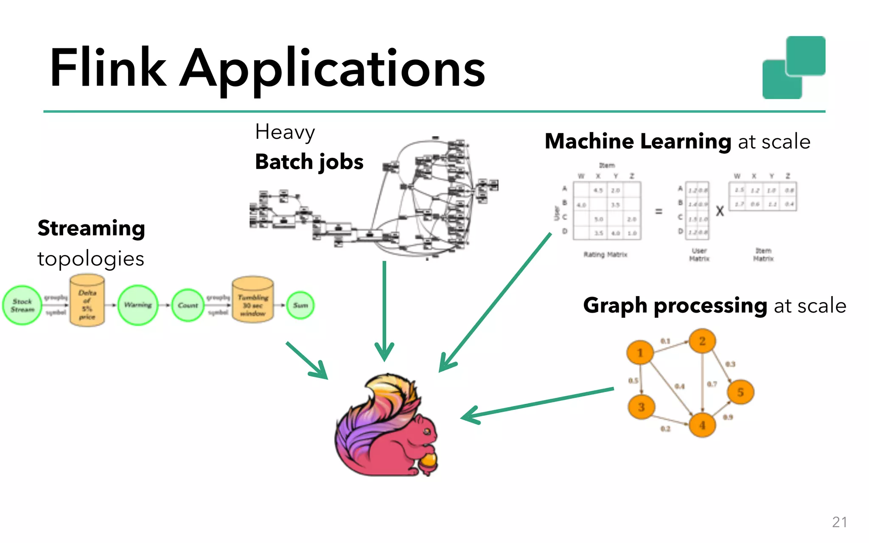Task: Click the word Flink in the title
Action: pyautogui.click(x=108, y=68)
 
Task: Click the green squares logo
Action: pyautogui.click(x=793, y=68)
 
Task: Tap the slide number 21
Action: pyautogui.click(x=839, y=522)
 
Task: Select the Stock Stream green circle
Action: pyautogui.click(x=22, y=305)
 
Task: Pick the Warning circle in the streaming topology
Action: pyautogui.click(x=138, y=305)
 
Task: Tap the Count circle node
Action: pyautogui.click(x=188, y=305)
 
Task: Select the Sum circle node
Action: pyautogui.click(x=300, y=305)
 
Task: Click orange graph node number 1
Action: pyautogui.click(x=640, y=353)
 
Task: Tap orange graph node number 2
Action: pyautogui.click(x=702, y=341)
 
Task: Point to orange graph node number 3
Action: pyautogui.click(x=641, y=407)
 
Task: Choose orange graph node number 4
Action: pyautogui.click(x=702, y=425)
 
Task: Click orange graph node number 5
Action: pyautogui.click(x=740, y=392)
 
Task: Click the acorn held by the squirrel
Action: pyautogui.click(x=429, y=462)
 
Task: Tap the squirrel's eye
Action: pyautogui.click(x=427, y=431)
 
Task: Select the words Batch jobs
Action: pyautogui.click(x=309, y=162)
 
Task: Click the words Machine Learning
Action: pyautogui.click(x=638, y=141)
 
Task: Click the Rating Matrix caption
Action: pyautogui.click(x=605, y=255)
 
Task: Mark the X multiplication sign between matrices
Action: pyautogui.click(x=720, y=211)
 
